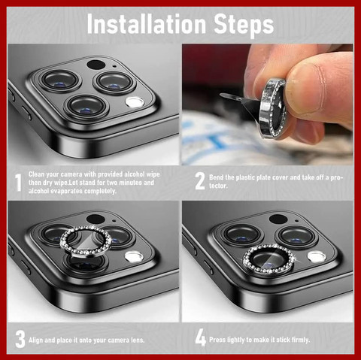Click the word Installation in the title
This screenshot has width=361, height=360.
click(x=147, y=23)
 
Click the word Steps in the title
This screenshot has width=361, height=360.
click(x=244, y=25)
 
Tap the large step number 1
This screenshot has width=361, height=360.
click(x=18, y=183)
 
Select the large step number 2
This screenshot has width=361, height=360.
click(x=200, y=181)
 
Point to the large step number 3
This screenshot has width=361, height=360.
click(x=20, y=339)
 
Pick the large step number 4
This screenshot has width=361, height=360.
click(x=201, y=337)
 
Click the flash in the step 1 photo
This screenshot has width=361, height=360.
click(x=135, y=102)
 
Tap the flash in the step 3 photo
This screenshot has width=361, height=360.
click(x=135, y=256)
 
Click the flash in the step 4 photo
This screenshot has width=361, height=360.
click(x=317, y=256)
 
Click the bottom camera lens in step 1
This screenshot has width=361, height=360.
click(x=86, y=107)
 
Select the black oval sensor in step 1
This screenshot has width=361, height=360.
click(x=96, y=65)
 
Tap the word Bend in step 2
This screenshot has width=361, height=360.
click(x=216, y=177)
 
